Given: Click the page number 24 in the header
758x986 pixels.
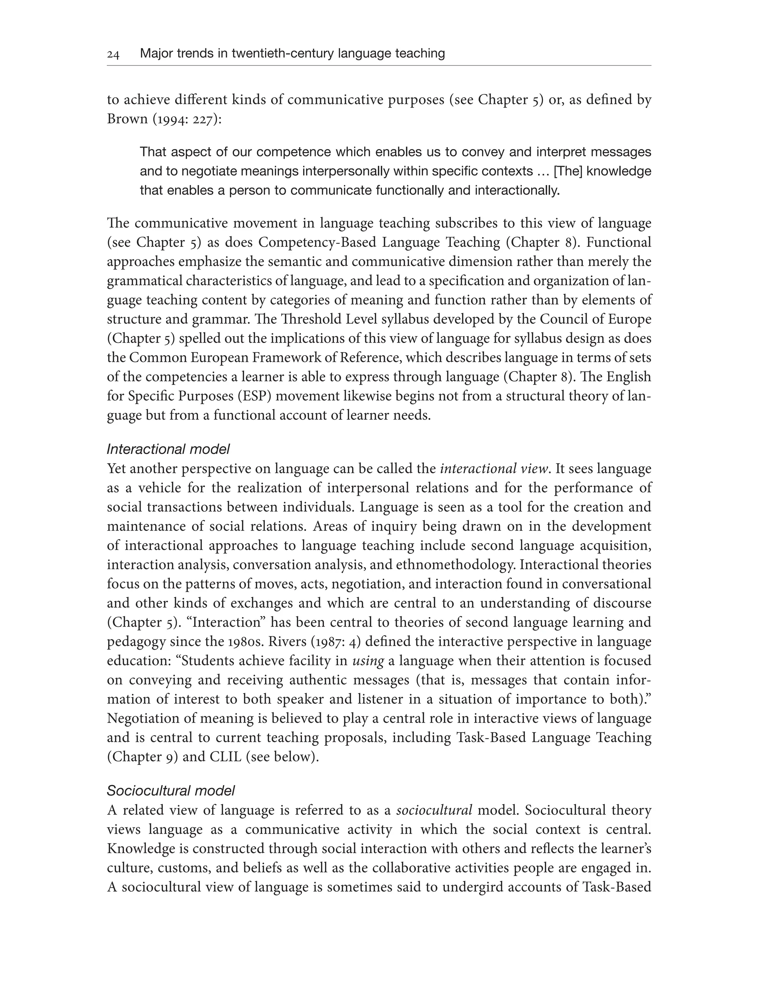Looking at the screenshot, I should pos(113,55).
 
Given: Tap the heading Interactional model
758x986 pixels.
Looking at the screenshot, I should pos(168,449).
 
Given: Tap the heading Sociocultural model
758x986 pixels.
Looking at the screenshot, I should pos(171,791).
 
